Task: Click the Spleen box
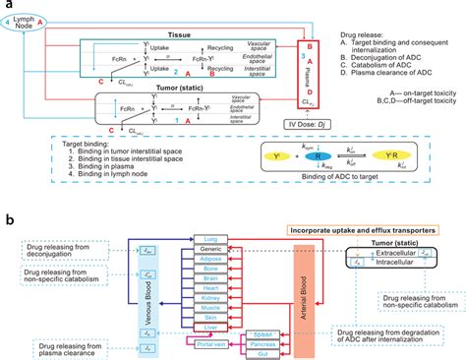[x=258, y=307]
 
